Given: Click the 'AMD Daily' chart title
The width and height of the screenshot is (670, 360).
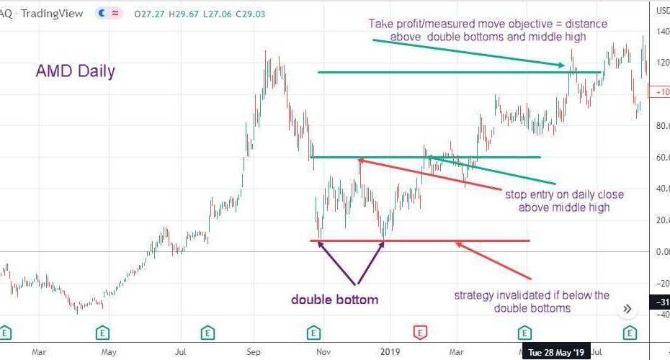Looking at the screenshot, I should tap(75, 71).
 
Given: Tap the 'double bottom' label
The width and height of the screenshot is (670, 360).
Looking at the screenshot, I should tap(334, 300).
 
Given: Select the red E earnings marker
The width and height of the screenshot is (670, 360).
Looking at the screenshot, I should tap(420, 333).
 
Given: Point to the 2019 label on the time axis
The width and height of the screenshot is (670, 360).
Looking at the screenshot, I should tap(389, 352).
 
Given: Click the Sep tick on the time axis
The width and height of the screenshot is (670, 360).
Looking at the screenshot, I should tap(253, 352).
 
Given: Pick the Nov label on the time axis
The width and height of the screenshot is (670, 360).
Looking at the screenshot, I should tap(324, 352).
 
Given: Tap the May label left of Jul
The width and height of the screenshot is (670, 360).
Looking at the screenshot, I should tap(109, 352).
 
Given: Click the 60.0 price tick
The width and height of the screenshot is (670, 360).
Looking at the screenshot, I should tap(661, 157).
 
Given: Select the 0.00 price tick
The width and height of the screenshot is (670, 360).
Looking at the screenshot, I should tap(661, 251).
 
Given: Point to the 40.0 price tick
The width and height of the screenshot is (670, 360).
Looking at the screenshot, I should tap(661, 189).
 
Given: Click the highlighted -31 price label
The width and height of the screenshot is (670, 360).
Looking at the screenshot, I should tap(661, 302).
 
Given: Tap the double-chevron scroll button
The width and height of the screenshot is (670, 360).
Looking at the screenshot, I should tap(627, 308).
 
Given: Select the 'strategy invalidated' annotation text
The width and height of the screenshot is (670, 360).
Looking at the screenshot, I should tap(532, 302).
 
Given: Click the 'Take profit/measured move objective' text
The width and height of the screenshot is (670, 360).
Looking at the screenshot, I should tap(488, 30).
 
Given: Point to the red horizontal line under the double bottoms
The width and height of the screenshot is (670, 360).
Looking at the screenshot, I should tap(432, 241).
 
